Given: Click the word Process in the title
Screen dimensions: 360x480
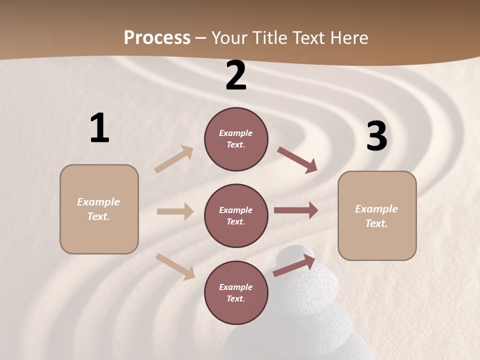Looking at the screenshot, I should [x=157, y=38].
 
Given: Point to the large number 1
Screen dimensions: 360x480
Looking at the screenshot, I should [x=99, y=128].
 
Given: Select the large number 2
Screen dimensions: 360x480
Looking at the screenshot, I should [x=236, y=76].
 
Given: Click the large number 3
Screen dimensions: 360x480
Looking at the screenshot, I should [x=376, y=136].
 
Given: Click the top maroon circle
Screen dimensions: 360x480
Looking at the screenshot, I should [x=236, y=139].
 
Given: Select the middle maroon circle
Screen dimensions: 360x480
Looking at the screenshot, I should [x=236, y=215].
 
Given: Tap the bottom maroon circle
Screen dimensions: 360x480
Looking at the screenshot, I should [x=236, y=292].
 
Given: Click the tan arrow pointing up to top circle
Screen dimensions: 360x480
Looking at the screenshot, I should [x=174, y=159].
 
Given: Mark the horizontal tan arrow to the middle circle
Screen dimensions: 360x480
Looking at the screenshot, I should [x=175, y=211].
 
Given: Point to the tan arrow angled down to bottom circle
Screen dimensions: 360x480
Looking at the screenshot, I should [x=175, y=266].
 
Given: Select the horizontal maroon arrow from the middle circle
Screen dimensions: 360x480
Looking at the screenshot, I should [x=296, y=210].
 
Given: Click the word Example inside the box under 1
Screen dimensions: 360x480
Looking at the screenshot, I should [x=98, y=202].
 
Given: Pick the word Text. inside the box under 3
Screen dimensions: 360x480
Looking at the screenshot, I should [x=376, y=223].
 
